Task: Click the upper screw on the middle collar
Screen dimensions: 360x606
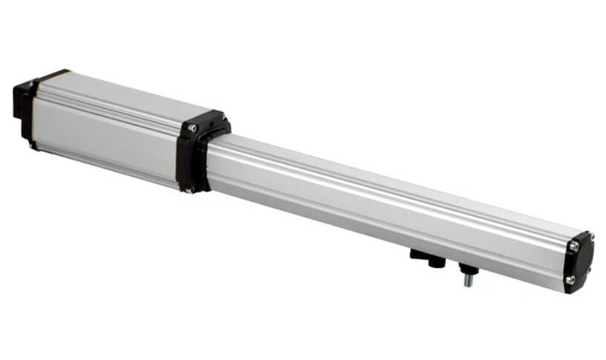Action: coord(191,128)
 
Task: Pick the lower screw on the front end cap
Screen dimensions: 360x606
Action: coord(571,280)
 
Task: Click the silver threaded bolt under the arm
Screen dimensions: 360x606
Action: coord(467,280)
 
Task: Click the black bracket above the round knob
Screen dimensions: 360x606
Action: coord(418,255)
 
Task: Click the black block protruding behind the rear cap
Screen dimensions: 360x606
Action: coord(19,103)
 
